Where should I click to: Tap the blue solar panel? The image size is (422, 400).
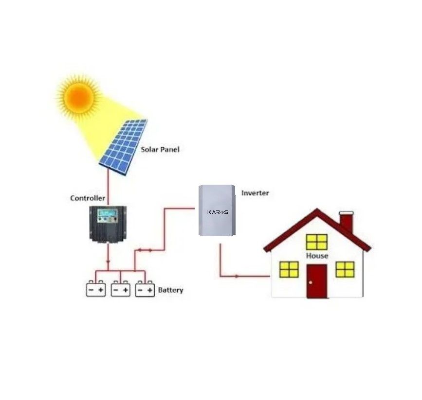[123, 147]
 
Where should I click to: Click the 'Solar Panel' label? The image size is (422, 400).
[160, 150]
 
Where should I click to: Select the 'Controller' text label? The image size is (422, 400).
[88, 198]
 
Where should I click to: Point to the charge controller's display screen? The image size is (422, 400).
[108, 213]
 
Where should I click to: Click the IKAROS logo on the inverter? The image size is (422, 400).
[217, 212]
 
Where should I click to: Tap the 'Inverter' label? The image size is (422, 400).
[255, 193]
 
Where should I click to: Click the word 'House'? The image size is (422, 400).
[317, 256]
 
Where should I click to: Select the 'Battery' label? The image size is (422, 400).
[171, 290]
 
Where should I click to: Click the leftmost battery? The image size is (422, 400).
[96, 289]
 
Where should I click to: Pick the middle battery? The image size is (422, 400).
[121, 289]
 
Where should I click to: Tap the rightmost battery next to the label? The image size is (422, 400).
[145, 289]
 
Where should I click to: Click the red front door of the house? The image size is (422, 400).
[317, 281]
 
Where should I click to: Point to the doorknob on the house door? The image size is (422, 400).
[311, 282]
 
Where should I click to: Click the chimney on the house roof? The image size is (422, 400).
[347, 222]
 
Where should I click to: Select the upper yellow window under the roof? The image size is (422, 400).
[317, 242]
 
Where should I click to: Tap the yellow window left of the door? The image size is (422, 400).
[289, 269]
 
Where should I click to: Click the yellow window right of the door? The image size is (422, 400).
[345, 269]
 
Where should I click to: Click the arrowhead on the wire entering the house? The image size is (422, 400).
[237, 276]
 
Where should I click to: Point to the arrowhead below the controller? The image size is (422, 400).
[108, 261]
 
